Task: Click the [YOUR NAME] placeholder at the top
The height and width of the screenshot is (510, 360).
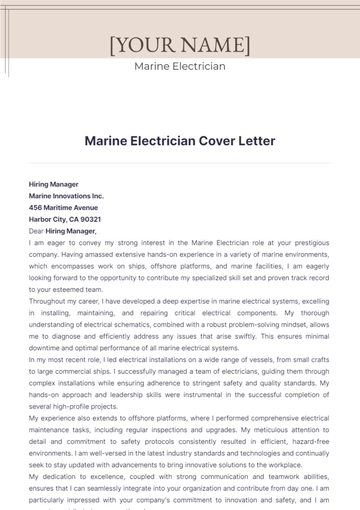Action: (x=180, y=45)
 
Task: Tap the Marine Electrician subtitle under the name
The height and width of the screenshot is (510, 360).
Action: (x=180, y=66)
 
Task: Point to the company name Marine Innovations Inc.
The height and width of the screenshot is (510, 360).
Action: (x=67, y=196)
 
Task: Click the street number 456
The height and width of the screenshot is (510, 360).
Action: (x=36, y=207)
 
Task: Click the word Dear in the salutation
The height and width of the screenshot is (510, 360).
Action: (x=38, y=230)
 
